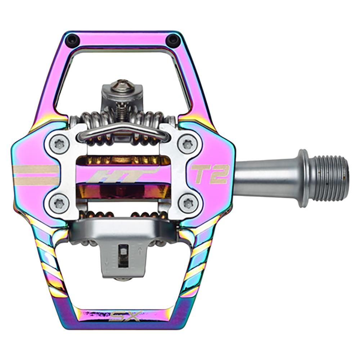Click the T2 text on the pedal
point(211,174)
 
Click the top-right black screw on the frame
point(174,39)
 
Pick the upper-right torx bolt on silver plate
point(187,144)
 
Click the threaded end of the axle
point(329,178)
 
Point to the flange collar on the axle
point(303,178)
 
